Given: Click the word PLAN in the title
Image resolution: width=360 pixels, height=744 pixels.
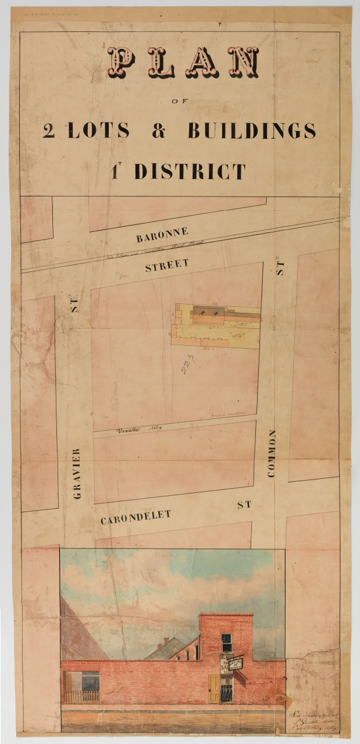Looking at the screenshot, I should [183, 63].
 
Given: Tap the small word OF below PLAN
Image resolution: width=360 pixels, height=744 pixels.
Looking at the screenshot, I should [176, 101].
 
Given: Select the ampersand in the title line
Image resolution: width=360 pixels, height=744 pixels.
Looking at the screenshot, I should [158, 131].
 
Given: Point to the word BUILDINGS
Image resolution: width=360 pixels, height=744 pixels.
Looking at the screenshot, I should [251, 131].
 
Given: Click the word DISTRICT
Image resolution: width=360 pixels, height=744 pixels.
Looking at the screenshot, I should [190, 171].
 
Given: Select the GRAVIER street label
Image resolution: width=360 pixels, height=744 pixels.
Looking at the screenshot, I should [76, 473].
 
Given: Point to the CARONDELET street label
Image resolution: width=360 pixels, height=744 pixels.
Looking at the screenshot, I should [136, 517].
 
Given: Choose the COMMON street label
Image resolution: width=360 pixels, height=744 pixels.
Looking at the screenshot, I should [271, 453].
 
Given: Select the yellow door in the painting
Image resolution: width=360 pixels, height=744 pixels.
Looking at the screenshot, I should [213, 689].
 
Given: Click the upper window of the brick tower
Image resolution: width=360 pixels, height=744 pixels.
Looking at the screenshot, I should [226, 642].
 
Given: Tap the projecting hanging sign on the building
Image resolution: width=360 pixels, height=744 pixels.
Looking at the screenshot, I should [236, 663].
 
